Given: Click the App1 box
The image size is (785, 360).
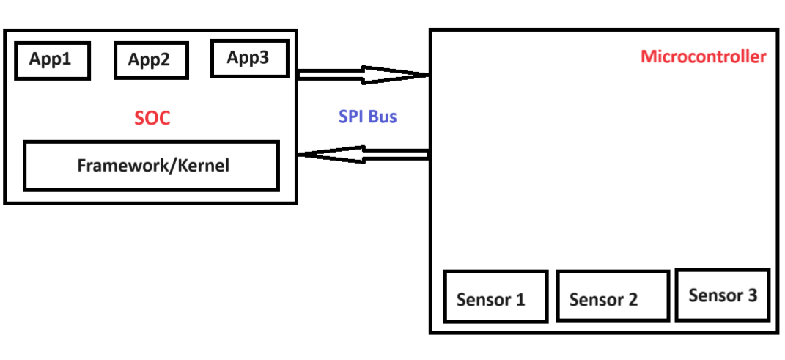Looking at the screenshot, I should click(52, 61).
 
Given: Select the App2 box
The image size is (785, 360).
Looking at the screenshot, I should click(151, 60).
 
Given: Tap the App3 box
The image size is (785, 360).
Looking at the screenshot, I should click(249, 58).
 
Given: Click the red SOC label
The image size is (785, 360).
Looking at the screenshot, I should click(152, 118).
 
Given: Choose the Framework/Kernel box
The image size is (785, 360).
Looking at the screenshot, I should click(152, 165).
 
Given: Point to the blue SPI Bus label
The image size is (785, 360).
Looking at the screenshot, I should click(367, 117).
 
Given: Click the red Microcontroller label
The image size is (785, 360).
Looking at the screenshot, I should click(703, 56).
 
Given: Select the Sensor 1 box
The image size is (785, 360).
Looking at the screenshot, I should click(495, 297).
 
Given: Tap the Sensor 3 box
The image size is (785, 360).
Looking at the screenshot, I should click(723, 295).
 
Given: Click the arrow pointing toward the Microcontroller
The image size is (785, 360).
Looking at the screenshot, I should click(363, 74).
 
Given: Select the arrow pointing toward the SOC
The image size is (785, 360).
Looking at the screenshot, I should click(363, 155).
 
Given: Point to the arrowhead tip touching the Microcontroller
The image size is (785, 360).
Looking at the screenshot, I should click(427, 74).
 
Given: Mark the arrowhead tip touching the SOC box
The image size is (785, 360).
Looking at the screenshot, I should click(300, 155).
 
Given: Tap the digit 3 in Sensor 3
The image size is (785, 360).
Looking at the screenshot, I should click(751, 295).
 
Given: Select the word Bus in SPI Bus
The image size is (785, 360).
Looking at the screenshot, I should click(383, 117).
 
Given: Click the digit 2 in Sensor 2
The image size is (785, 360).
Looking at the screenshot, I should click(632, 299).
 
